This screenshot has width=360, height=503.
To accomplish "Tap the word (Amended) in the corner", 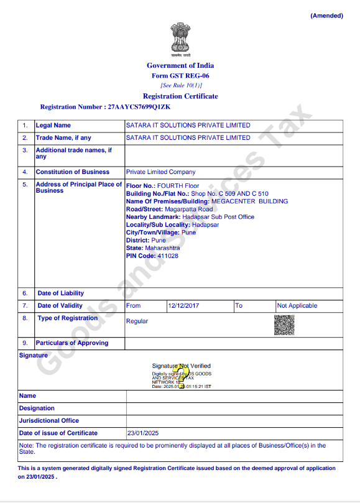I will click(326, 16).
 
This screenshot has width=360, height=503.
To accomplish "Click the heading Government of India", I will click(180, 65).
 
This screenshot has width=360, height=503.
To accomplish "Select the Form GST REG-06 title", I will click(180, 75).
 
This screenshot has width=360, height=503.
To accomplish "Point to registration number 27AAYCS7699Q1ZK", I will click(130, 107).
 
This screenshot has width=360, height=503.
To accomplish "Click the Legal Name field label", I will click(53, 126).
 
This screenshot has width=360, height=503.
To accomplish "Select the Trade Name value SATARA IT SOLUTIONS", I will click(188, 138).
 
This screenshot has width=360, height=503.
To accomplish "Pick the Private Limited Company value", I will click(160, 172).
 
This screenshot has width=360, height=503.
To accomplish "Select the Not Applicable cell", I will click(297, 306).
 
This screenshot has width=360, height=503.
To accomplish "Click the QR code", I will click(284, 325).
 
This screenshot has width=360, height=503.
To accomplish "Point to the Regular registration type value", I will click(137, 321).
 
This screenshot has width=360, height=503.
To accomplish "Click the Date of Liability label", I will click(60, 293).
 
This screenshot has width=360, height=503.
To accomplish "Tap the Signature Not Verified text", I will click(181, 366).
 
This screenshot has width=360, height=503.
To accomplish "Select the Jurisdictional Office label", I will click(49, 421).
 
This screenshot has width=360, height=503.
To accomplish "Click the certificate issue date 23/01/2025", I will click(143, 433).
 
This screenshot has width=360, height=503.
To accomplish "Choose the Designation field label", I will click(37, 408).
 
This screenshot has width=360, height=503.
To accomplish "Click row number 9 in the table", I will click(25, 343).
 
